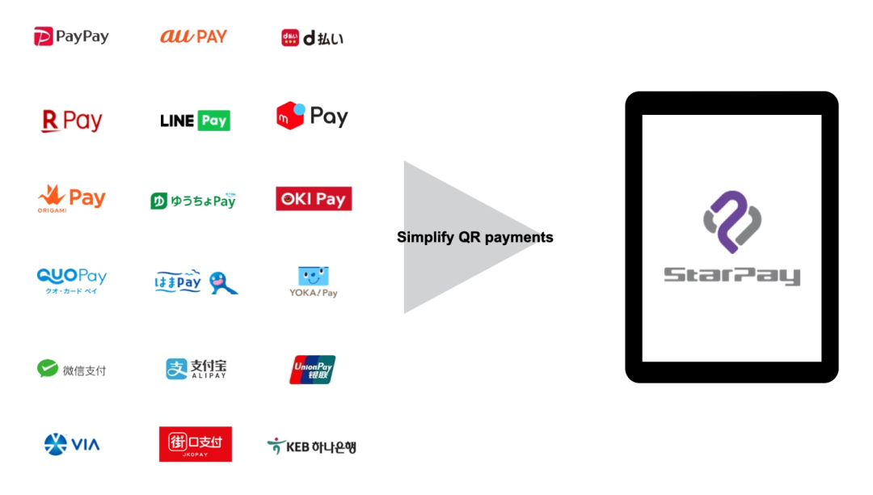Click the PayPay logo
pyautogui.click(x=71, y=36)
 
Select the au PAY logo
pyautogui.click(x=193, y=36)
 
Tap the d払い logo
pyautogui.click(x=312, y=37)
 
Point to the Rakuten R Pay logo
pyautogui.click(x=72, y=121)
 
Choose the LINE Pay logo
pyautogui.click(x=195, y=121)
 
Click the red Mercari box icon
pyautogui.click(x=290, y=116)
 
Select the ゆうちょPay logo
pyautogui.click(x=192, y=200)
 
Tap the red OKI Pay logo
pyautogui.click(x=314, y=199)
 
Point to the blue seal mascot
pyautogui.click(x=221, y=281)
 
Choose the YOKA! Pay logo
pyautogui.click(x=314, y=281)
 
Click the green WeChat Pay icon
pyautogui.click(x=48, y=369)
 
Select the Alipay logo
pyautogui.click(x=196, y=369)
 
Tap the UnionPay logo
pyautogui.click(x=312, y=369)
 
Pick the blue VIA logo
pyautogui.click(x=72, y=444)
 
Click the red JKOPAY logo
pyautogui.click(x=196, y=444)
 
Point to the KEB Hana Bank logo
pyautogui.click(x=311, y=446)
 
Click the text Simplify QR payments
pyautogui.click(x=474, y=237)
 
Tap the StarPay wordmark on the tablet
pyautogui.click(x=732, y=276)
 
